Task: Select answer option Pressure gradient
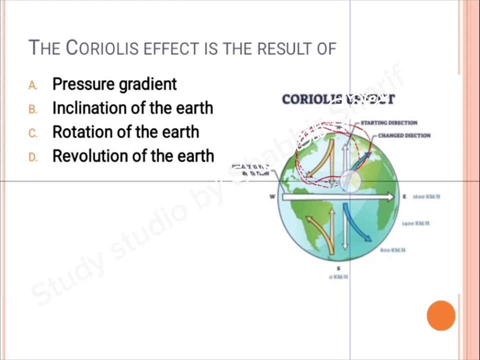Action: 114,84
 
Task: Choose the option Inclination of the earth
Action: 132,108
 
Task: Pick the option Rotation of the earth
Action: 125,132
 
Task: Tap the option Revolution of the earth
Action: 133,156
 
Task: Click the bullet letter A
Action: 32,85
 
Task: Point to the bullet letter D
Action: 32,157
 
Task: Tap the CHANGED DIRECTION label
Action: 404,135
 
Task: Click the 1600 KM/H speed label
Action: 426,196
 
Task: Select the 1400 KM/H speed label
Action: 415,223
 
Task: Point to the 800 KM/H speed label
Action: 392,250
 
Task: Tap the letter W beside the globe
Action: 272,196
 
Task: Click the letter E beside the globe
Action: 404,196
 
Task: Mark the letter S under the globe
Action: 339,269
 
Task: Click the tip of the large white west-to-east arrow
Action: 393,197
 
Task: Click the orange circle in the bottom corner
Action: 441,315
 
